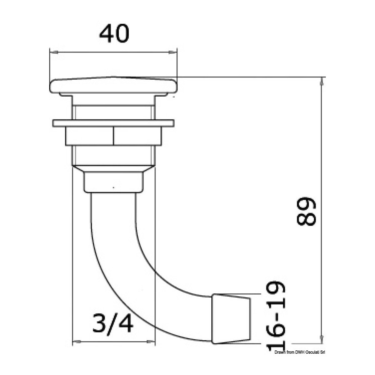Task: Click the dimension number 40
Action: coord(114,34)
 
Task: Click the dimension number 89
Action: coord(306,211)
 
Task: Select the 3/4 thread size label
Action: coord(112,323)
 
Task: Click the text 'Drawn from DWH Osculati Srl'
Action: coord(300,352)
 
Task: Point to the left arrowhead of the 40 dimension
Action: coord(54,52)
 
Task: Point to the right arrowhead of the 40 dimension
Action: coord(172,52)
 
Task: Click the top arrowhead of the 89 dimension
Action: coord(322,82)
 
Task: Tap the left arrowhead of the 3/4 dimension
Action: coord(77,342)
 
